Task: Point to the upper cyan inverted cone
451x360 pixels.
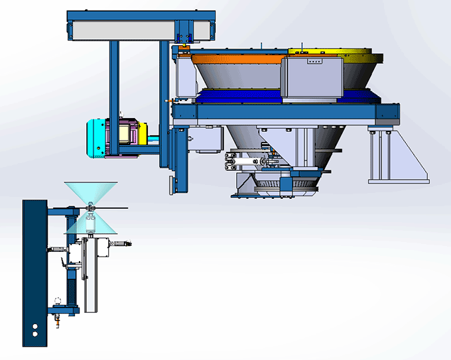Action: coord(90,192)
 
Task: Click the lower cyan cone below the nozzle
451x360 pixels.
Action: coord(91,226)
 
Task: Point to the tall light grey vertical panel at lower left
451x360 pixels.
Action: coord(92,278)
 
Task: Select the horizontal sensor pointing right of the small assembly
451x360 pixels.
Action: coord(123,244)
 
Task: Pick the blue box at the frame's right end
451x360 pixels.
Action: coord(387,113)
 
